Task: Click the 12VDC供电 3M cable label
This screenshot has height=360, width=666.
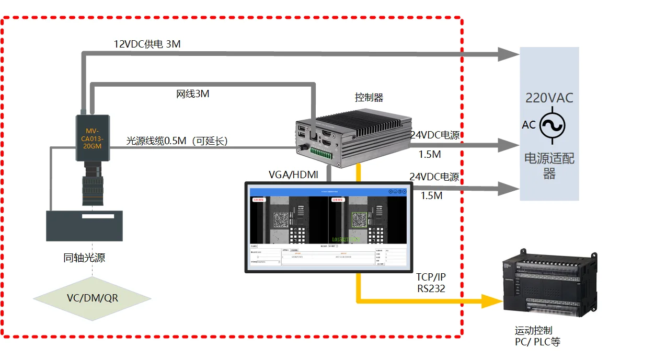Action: click(x=147, y=44)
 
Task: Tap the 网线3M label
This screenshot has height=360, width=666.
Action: click(x=192, y=94)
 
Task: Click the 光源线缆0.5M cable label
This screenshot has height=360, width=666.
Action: click(x=177, y=141)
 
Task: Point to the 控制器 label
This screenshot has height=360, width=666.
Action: click(x=369, y=98)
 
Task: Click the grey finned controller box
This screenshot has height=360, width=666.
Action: click(x=348, y=137)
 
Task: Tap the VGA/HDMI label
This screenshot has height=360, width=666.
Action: click(x=293, y=175)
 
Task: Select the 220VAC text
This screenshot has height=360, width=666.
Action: click(x=549, y=98)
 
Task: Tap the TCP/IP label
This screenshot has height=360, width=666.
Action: click(x=431, y=277)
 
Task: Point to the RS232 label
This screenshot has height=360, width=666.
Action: click(x=431, y=288)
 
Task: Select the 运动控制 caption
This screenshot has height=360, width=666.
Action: click(x=533, y=331)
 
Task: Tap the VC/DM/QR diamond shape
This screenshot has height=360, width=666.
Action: click(x=92, y=298)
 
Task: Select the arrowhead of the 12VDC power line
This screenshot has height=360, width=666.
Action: click(x=507, y=54)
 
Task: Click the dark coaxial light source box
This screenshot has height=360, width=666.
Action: click(x=84, y=226)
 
